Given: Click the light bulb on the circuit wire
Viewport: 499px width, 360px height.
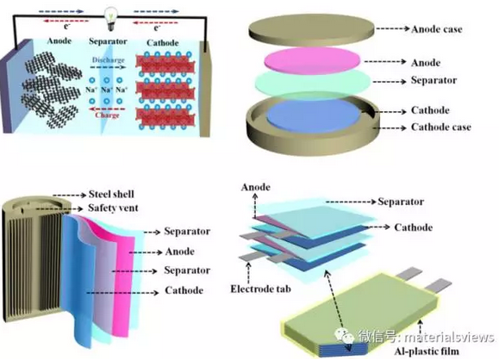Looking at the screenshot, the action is click(111, 18).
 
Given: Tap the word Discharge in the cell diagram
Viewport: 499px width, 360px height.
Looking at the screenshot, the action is click(109, 59).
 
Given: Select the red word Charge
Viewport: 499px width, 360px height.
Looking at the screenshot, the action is click(107, 115).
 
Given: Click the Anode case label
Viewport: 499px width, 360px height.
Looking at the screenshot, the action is click(437, 29).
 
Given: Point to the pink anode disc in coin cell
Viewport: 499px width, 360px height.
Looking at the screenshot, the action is click(313, 61).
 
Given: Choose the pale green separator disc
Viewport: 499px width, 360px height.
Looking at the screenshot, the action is click(313, 82).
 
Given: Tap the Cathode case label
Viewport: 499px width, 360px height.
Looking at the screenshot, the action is click(441, 127).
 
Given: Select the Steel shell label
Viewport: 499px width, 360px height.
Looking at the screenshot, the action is click(111, 194).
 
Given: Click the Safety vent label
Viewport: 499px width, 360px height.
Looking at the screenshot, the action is click(113, 208).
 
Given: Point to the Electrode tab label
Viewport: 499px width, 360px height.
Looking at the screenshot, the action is click(260, 289).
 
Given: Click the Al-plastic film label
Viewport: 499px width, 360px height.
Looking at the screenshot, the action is click(427, 351).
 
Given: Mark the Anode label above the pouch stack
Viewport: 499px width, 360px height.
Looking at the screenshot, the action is click(256, 187).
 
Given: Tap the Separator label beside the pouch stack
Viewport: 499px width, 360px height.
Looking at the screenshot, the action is click(401, 202).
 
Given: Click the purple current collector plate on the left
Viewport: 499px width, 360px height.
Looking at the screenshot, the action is click(16, 85).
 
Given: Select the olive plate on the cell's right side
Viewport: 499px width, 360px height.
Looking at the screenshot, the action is click(204, 89).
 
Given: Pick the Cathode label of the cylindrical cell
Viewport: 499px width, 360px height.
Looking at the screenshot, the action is click(184, 290).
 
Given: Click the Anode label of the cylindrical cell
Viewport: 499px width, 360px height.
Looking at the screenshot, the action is click(180, 251).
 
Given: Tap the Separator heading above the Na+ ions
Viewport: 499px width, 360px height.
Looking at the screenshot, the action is click(108, 41).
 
